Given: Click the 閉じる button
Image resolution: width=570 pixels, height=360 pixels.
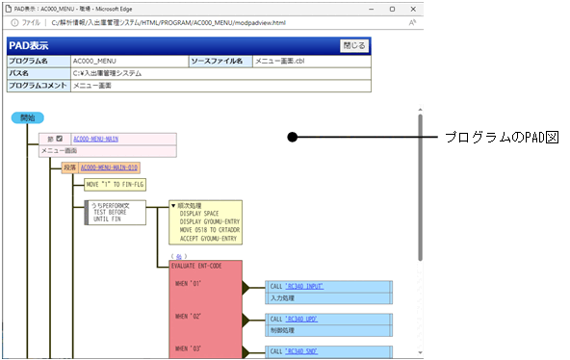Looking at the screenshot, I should pyautogui.click(x=354, y=45).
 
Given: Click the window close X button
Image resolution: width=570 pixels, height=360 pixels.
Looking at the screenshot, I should pyautogui.click(x=412, y=7).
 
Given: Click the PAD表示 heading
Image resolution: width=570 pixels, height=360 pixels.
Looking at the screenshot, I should pyautogui.click(x=30, y=45).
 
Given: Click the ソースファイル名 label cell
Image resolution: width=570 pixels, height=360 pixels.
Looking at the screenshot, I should pyautogui.click(x=220, y=61).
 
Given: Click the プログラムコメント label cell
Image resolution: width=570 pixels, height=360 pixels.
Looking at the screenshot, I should pyautogui.click(x=38, y=86).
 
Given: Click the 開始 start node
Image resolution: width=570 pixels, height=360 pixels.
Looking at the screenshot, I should pyautogui.click(x=28, y=117).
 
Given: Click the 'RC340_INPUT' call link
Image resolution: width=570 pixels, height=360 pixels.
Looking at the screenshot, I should pyautogui.click(x=313, y=287).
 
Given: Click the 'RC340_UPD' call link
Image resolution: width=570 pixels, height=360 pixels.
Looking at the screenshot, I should pyautogui.click(x=310, y=319).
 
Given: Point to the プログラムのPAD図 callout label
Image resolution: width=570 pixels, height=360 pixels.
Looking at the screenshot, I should pyautogui.click(x=501, y=139).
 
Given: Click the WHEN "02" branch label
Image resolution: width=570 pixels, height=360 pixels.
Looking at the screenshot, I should pyautogui.click(x=188, y=316).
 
